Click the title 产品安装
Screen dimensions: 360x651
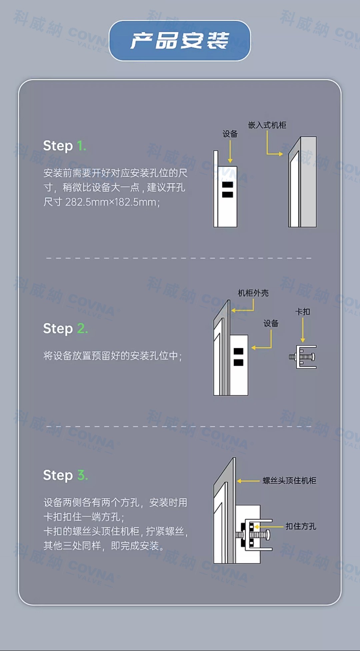(x=180, y=41)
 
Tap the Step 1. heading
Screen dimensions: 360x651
(x=65, y=146)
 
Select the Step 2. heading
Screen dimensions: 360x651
(x=65, y=328)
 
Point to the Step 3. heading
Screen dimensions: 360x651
(x=65, y=475)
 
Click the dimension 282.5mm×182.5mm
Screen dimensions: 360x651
(x=110, y=202)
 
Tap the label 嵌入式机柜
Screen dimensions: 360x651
(x=267, y=125)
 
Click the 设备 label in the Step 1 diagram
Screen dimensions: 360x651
(x=230, y=134)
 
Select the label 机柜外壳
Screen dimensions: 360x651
(x=253, y=293)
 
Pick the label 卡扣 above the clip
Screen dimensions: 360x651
(x=302, y=312)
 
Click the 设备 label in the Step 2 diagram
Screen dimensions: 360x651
(x=271, y=323)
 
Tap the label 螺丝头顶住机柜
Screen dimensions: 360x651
(x=289, y=480)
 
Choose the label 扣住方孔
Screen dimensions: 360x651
(x=301, y=526)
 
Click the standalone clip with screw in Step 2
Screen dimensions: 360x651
(x=303, y=357)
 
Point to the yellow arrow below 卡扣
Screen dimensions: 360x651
(x=303, y=330)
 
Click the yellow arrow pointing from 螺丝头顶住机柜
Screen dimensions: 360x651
(x=248, y=481)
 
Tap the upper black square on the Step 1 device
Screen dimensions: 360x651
(x=228, y=185)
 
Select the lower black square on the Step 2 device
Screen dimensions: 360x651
(x=238, y=362)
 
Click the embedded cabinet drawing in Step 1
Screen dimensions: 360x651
(x=302, y=182)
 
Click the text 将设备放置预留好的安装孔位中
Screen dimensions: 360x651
(x=111, y=356)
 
